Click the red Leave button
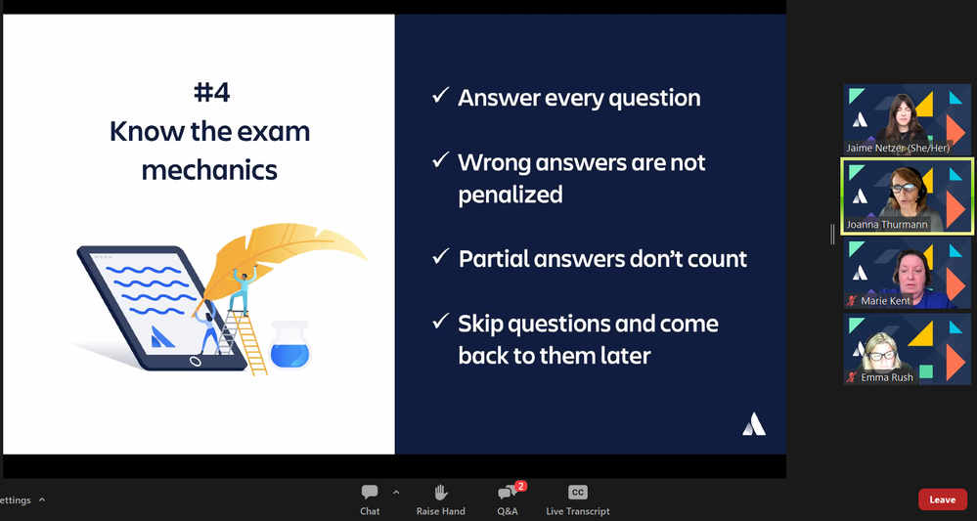[x=942, y=499]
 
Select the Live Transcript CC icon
[x=577, y=493]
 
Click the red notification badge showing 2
[x=521, y=486]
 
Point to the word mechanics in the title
[x=209, y=169]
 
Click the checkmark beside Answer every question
[x=440, y=96]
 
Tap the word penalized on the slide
[x=510, y=195]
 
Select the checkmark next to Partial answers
[x=440, y=257]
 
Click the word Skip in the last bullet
[x=483, y=323]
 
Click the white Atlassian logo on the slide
[x=753, y=423]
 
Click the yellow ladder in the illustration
[x=249, y=337]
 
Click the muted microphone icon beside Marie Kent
[x=852, y=301]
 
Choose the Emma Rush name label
[x=887, y=377]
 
